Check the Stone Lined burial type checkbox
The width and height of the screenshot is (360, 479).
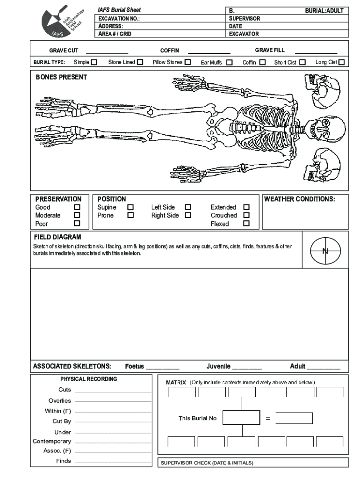tap(140, 62)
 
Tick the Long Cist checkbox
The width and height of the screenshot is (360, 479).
tap(341, 62)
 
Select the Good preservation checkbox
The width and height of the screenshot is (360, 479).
tap(77, 207)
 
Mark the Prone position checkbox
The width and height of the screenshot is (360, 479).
tap(131, 215)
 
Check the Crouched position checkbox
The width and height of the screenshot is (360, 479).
tap(246, 215)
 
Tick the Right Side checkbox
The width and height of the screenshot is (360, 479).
tap(188, 215)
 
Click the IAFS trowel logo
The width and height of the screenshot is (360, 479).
tap(62, 22)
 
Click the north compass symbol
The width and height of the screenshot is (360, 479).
tap(325, 251)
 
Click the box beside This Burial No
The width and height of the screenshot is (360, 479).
tap(241, 418)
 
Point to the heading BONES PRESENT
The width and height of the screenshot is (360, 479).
tap(61, 77)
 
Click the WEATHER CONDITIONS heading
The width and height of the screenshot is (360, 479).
tap(300, 199)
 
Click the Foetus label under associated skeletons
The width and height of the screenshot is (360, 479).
tap(135, 366)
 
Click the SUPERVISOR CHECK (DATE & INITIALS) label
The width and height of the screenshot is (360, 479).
tap(207, 463)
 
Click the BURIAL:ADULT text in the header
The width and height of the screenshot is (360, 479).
tap(324, 10)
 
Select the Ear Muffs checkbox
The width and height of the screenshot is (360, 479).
tap(229, 62)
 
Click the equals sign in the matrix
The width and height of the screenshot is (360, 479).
tap(268, 418)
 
